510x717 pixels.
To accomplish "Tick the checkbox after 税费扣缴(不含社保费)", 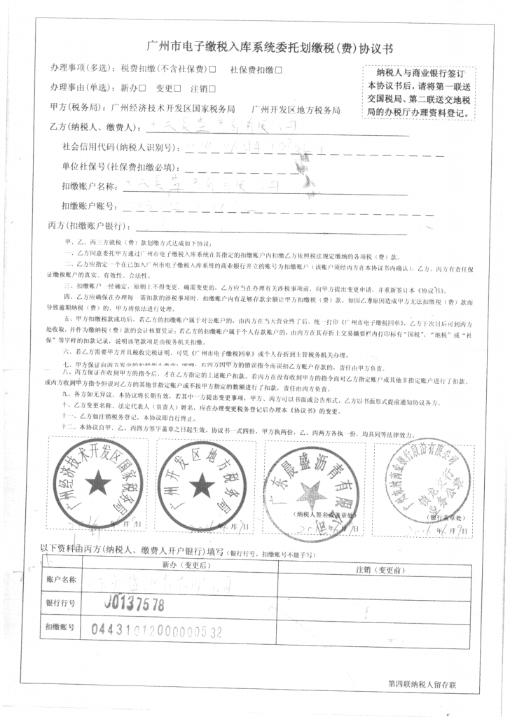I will pos(212,69).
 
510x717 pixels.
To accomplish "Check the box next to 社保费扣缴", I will pos(279,69).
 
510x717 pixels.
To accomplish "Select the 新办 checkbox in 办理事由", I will pos(143,88).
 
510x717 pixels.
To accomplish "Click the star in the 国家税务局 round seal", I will pos(99,481).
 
